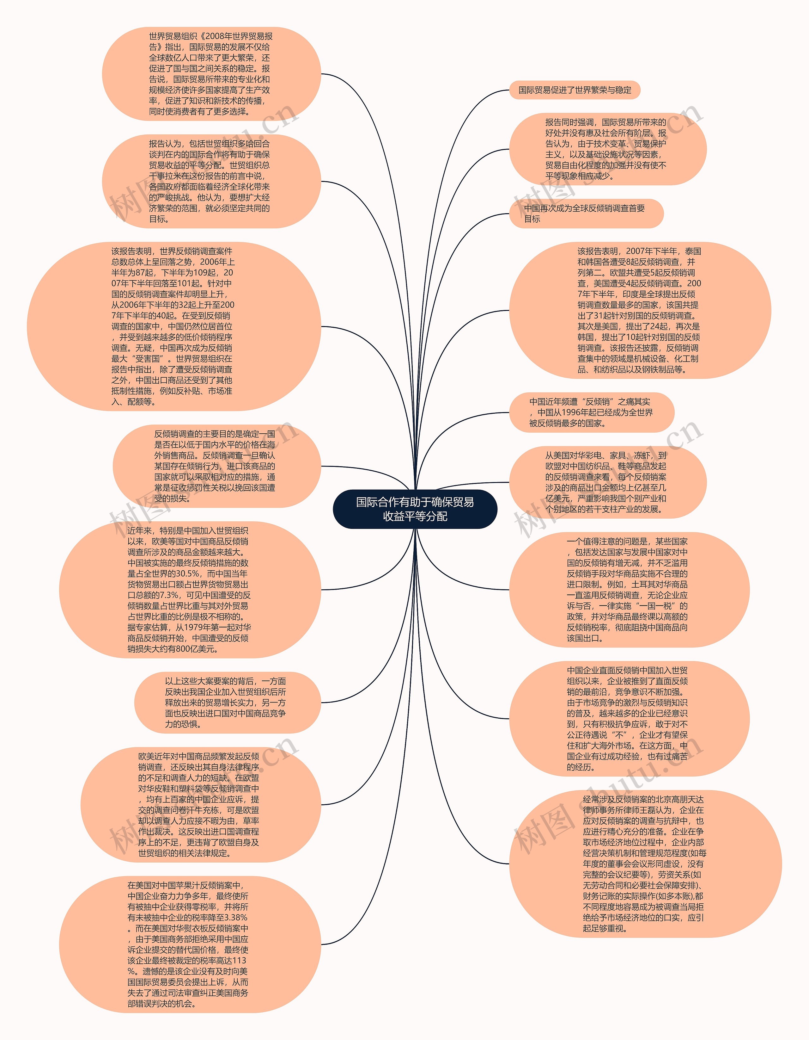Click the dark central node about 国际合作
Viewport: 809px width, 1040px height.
click(x=415, y=509)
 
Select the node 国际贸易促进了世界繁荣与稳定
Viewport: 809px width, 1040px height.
click(x=575, y=90)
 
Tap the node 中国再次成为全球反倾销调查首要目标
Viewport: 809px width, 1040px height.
click(x=586, y=213)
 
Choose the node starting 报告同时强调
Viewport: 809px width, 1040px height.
click(x=607, y=149)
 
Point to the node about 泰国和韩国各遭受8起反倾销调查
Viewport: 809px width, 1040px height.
click(x=640, y=310)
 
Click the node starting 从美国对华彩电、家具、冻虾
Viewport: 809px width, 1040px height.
click(x=607, y=482)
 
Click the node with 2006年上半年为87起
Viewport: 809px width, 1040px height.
click(x=174, y=326)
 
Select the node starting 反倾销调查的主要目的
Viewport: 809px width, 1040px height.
click(x=216, y=466)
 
